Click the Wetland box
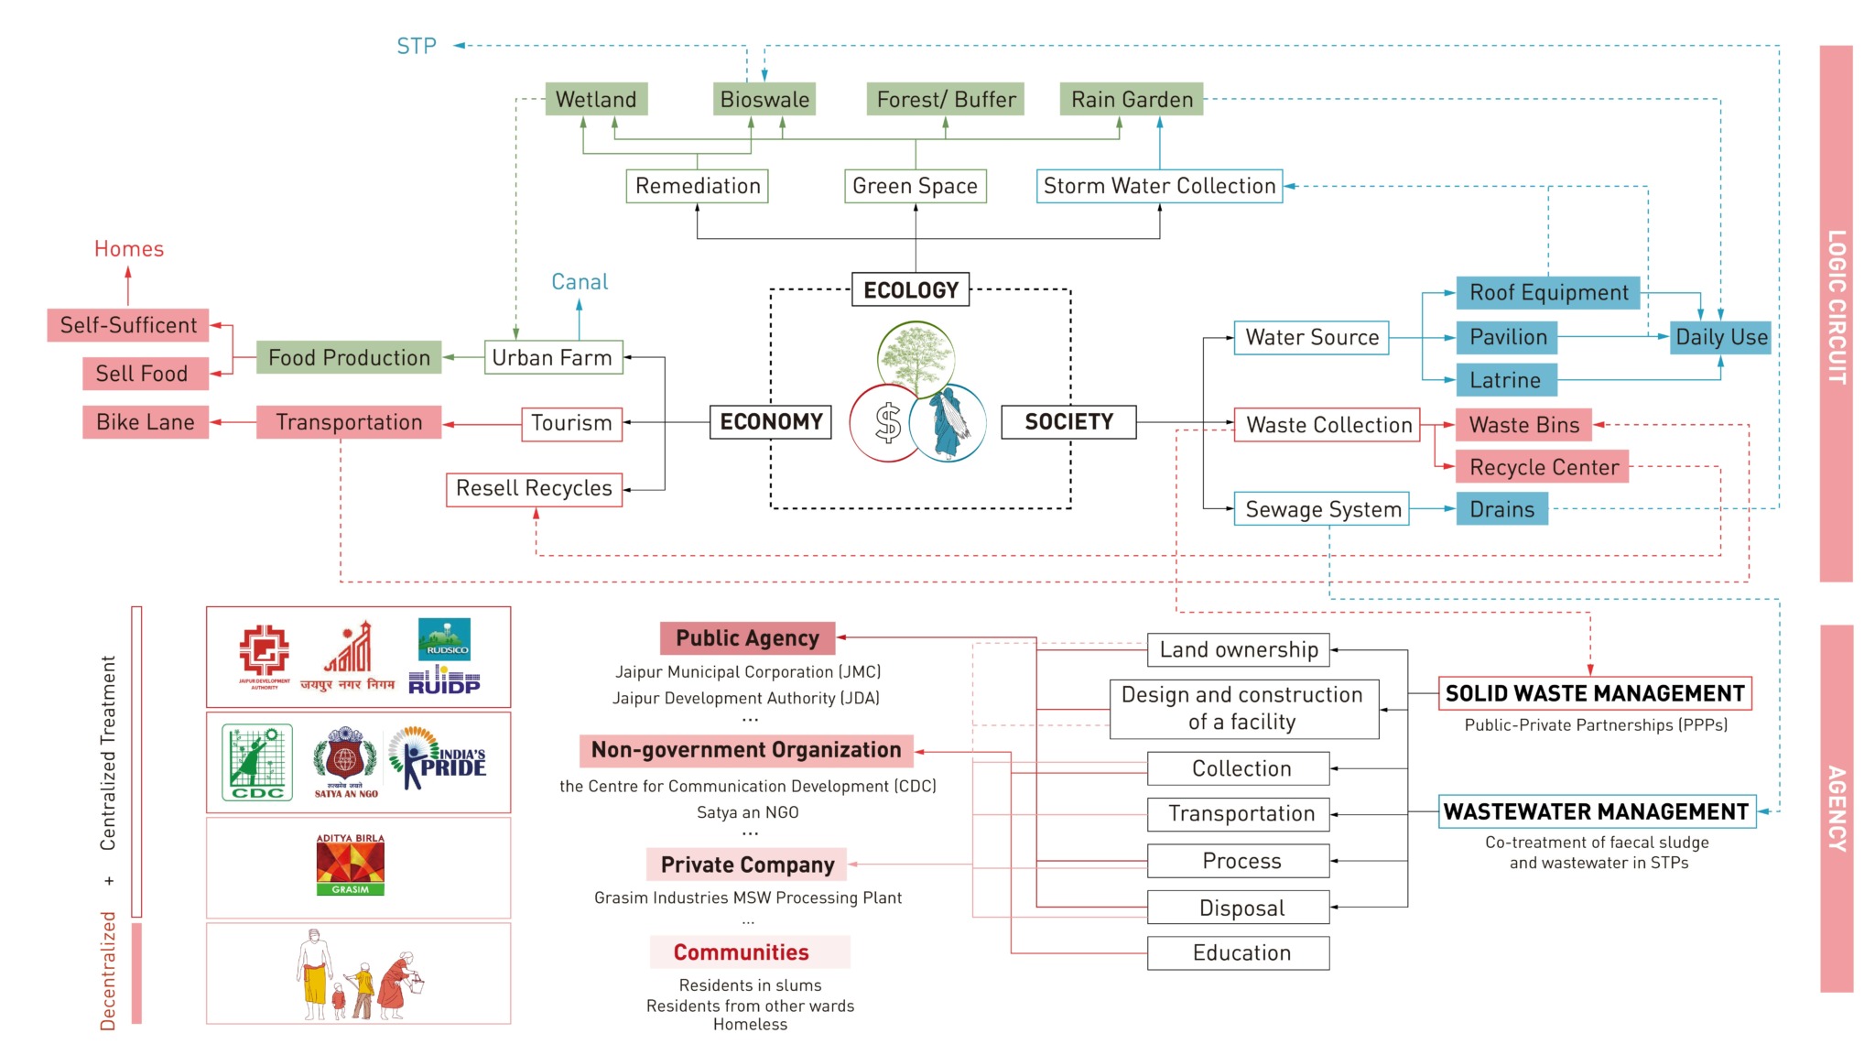tap(596, 99)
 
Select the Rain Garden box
tap(1132, 99)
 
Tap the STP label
tap(417, 46)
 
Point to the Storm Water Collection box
tap(1159, 186)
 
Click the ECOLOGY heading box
tap(911, 290)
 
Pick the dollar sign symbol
tap(887, 423)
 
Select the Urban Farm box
tap(553, 357)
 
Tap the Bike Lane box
tap(146, 422)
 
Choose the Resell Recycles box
tap(534, 488)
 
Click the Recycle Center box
tap(1543, 467)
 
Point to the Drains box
tap(1501, 509)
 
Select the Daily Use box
tap(1720, 337)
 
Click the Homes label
tap(129, 249)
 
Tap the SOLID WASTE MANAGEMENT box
tap(1595, 693)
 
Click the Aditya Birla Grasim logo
tap(351, 865)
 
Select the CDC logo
tap(257, 762)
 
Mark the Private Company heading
tap(747, 865)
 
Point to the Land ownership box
tap(1239, 650)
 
